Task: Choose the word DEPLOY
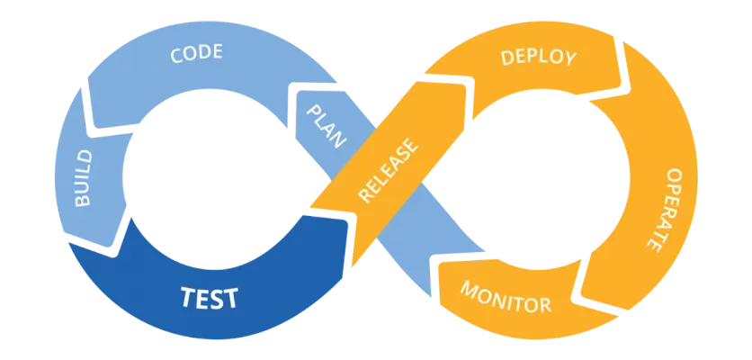pyautogui.click(x=539, y=58)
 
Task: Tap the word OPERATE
pyautogui.click(x=667, y=209)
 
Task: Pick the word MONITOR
pyautogui.click(x=506, y=297)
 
